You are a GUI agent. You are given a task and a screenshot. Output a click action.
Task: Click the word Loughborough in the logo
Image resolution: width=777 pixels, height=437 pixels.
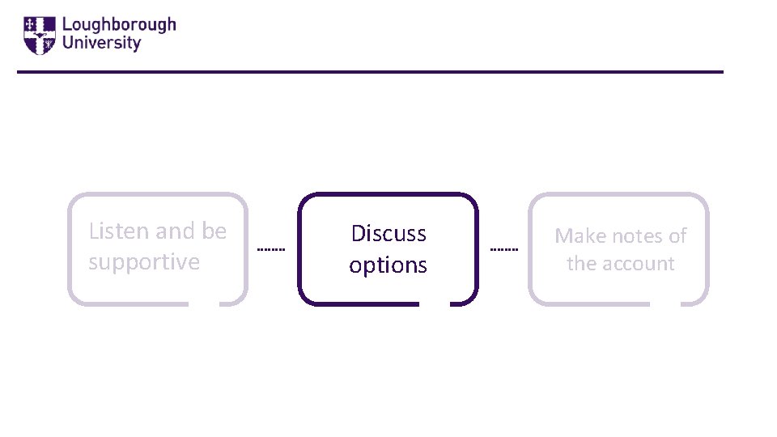(x=118, y=25)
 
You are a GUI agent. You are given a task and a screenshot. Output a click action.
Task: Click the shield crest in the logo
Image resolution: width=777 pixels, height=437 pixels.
(x=39, y=35)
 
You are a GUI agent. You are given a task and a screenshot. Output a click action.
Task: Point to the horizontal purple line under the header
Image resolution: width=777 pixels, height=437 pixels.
(x=370, y=72)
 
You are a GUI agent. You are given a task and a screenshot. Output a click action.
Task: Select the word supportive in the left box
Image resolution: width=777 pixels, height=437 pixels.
(x=144, y=262)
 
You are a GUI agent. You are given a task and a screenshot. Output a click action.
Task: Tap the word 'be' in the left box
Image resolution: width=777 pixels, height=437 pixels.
(x=214, y=231)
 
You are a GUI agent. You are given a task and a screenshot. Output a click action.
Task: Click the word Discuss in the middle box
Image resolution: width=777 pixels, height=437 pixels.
(x=388, y=234)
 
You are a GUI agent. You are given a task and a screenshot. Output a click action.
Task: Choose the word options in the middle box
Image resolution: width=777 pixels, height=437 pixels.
(x=388, y=265)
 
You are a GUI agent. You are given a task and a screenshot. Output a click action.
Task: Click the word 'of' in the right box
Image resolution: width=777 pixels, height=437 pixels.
(x=677, y=236)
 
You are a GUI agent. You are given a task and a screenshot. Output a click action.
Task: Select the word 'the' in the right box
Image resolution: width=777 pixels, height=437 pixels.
(x=581, y=264)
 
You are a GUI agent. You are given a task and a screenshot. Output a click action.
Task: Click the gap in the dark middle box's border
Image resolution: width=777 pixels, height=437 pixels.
(x=435, y=304)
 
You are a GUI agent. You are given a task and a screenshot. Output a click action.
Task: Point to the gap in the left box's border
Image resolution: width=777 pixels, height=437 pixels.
(x=203, y=304)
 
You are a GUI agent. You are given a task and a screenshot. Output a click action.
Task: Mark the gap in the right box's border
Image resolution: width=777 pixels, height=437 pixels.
(x=665, y=304)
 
